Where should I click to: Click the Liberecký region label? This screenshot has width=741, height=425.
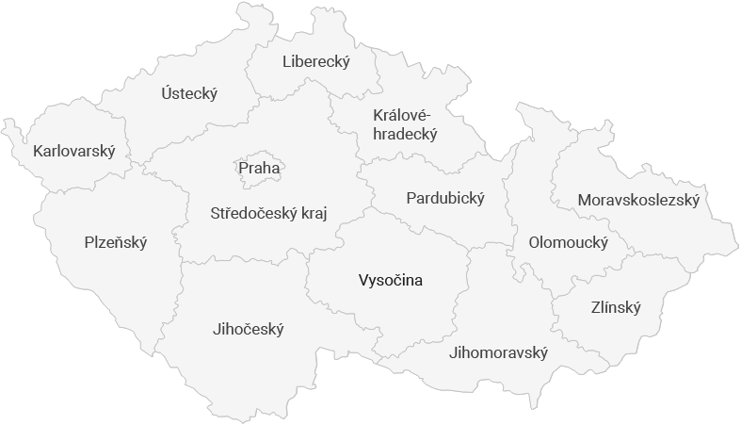315,62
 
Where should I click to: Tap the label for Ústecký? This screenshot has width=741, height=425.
188,93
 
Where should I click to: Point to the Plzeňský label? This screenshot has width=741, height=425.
116,242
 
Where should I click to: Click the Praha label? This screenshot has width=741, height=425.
259,169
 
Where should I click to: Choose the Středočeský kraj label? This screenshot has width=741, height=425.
268,213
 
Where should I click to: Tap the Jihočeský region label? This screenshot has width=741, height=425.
249,329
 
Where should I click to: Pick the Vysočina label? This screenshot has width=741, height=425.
391,280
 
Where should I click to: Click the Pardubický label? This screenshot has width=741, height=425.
445,198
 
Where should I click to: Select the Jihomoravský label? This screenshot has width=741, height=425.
499,352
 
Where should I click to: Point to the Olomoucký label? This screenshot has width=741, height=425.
568,242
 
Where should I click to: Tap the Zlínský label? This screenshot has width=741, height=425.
616,307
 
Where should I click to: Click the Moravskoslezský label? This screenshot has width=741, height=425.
638,200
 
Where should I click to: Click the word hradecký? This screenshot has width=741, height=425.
405,134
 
